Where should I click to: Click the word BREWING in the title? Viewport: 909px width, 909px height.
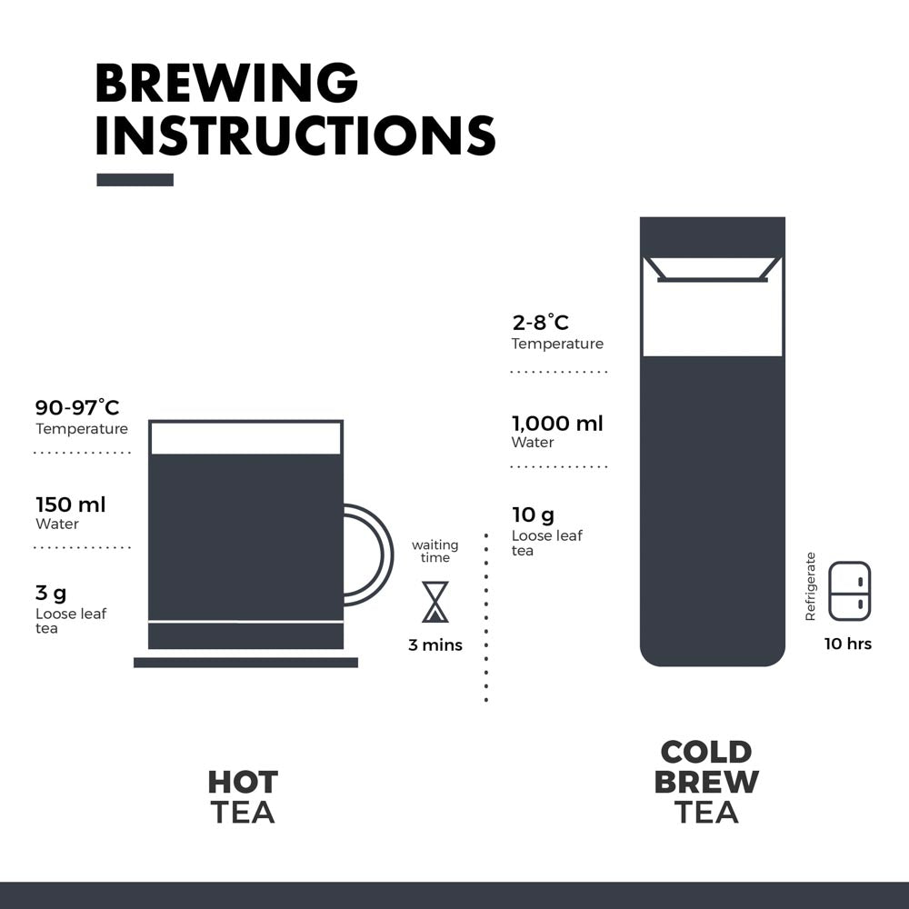(x=226, y=83)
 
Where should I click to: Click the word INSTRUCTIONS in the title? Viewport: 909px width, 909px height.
(x=295, y=135)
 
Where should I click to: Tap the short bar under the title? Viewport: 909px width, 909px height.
(x=135, y=180)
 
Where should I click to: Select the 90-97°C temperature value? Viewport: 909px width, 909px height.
(x=77, y=407)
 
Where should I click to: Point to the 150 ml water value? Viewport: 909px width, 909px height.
(x=71, y=504)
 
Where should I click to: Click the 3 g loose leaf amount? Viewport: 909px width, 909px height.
(x=51, y=594)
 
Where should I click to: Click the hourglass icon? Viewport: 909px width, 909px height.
(x=435, y=602)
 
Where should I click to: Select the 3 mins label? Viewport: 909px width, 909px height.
(x=435, y=644)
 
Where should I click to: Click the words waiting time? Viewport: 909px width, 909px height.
(x=435, y=552)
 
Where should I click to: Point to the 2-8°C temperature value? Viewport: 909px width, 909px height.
(x=540, y=323)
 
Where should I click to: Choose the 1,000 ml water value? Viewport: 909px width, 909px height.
(x=557, y=424)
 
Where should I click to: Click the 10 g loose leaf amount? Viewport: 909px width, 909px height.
(x=533, y=514)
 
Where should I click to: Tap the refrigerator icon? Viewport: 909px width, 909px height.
(x=850, y=591)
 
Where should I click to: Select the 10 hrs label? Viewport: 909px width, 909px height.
(x=848, y=644)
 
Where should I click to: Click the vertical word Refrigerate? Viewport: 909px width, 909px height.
(x=811, y=586)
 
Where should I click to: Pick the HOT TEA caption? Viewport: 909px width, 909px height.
(x=243, y=796)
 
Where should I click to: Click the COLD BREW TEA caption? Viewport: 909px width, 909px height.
(x=706, y=782)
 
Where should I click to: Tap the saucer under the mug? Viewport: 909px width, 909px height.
(x=245, y=663)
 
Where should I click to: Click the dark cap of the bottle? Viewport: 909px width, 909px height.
(x=713, y=236)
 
